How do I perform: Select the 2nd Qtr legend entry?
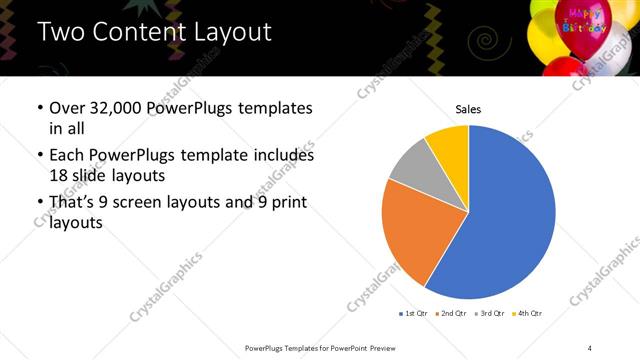pyautogui.click(x=450, y=314)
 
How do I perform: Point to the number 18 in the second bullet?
pyautogui.click(x=59, y=174)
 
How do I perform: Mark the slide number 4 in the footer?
pyautogui.click(x=590, y=347)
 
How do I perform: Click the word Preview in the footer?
pyautogui.click(x=377, y=347)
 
